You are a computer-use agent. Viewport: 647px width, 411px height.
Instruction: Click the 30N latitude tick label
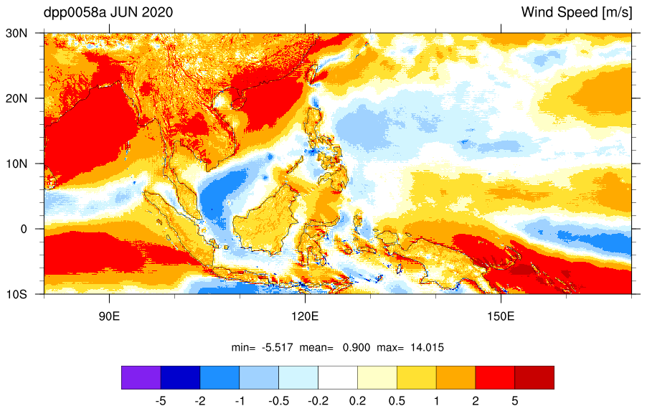click(16, 34)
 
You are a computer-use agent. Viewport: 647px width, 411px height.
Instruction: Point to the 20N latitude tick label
click(16, 98)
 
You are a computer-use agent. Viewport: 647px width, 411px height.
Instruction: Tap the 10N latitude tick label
click(16, 164)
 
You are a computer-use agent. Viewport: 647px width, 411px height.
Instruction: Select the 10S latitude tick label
click(16, 295)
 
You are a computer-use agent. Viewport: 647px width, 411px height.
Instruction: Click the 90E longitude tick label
click(109, 316)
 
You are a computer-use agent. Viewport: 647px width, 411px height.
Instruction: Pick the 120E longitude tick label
click(305, 316)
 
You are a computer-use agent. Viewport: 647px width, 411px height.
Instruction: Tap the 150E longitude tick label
click(501, 316)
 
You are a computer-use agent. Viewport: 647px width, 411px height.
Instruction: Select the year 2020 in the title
click(157, 12)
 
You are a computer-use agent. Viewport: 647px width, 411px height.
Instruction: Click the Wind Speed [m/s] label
click(577, 12)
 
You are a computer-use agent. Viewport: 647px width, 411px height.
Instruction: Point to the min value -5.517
click(278, 347)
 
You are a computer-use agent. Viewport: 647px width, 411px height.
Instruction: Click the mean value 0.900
click(356, 347)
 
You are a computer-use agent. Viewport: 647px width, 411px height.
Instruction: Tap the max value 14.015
click(427, 347)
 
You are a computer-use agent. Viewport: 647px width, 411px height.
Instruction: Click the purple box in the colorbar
click(141, 377)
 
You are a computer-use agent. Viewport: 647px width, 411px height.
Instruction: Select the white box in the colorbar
click(338, 377)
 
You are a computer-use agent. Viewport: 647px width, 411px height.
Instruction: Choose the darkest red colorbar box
click(534, 377)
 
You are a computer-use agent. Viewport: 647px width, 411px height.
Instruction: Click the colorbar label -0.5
click(278, 401)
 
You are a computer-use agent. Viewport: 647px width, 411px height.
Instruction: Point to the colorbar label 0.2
click(357, 401)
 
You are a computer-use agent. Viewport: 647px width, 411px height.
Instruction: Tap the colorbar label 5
click(514, 401)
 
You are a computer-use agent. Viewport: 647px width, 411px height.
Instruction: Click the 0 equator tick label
click(24, 230)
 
